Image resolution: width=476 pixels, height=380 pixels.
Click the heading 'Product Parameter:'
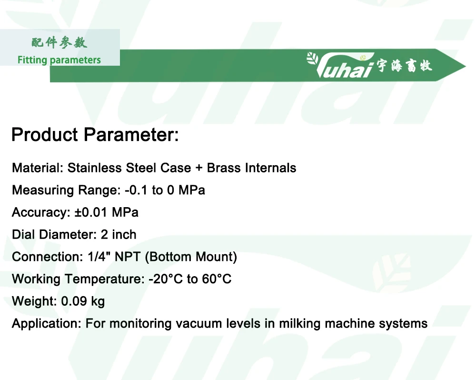coord(95,135)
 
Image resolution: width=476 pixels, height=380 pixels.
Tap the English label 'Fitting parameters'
coord(59,60)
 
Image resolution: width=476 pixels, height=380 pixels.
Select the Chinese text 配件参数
coord(59,43)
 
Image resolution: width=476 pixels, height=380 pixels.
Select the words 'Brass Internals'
coord(251,168)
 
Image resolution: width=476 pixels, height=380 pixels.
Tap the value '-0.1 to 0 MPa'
coord(165,190)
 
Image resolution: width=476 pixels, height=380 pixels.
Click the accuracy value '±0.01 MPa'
coord(107,212)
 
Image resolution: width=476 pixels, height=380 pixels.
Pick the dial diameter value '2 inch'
coord(119,235)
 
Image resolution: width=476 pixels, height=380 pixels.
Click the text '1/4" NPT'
coord(114,257)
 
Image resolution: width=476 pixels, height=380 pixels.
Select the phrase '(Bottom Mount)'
coord(191,257)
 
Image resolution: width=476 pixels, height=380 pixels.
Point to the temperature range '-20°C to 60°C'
coord(190,279)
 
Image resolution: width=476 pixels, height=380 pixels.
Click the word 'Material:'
coord(38,168)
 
